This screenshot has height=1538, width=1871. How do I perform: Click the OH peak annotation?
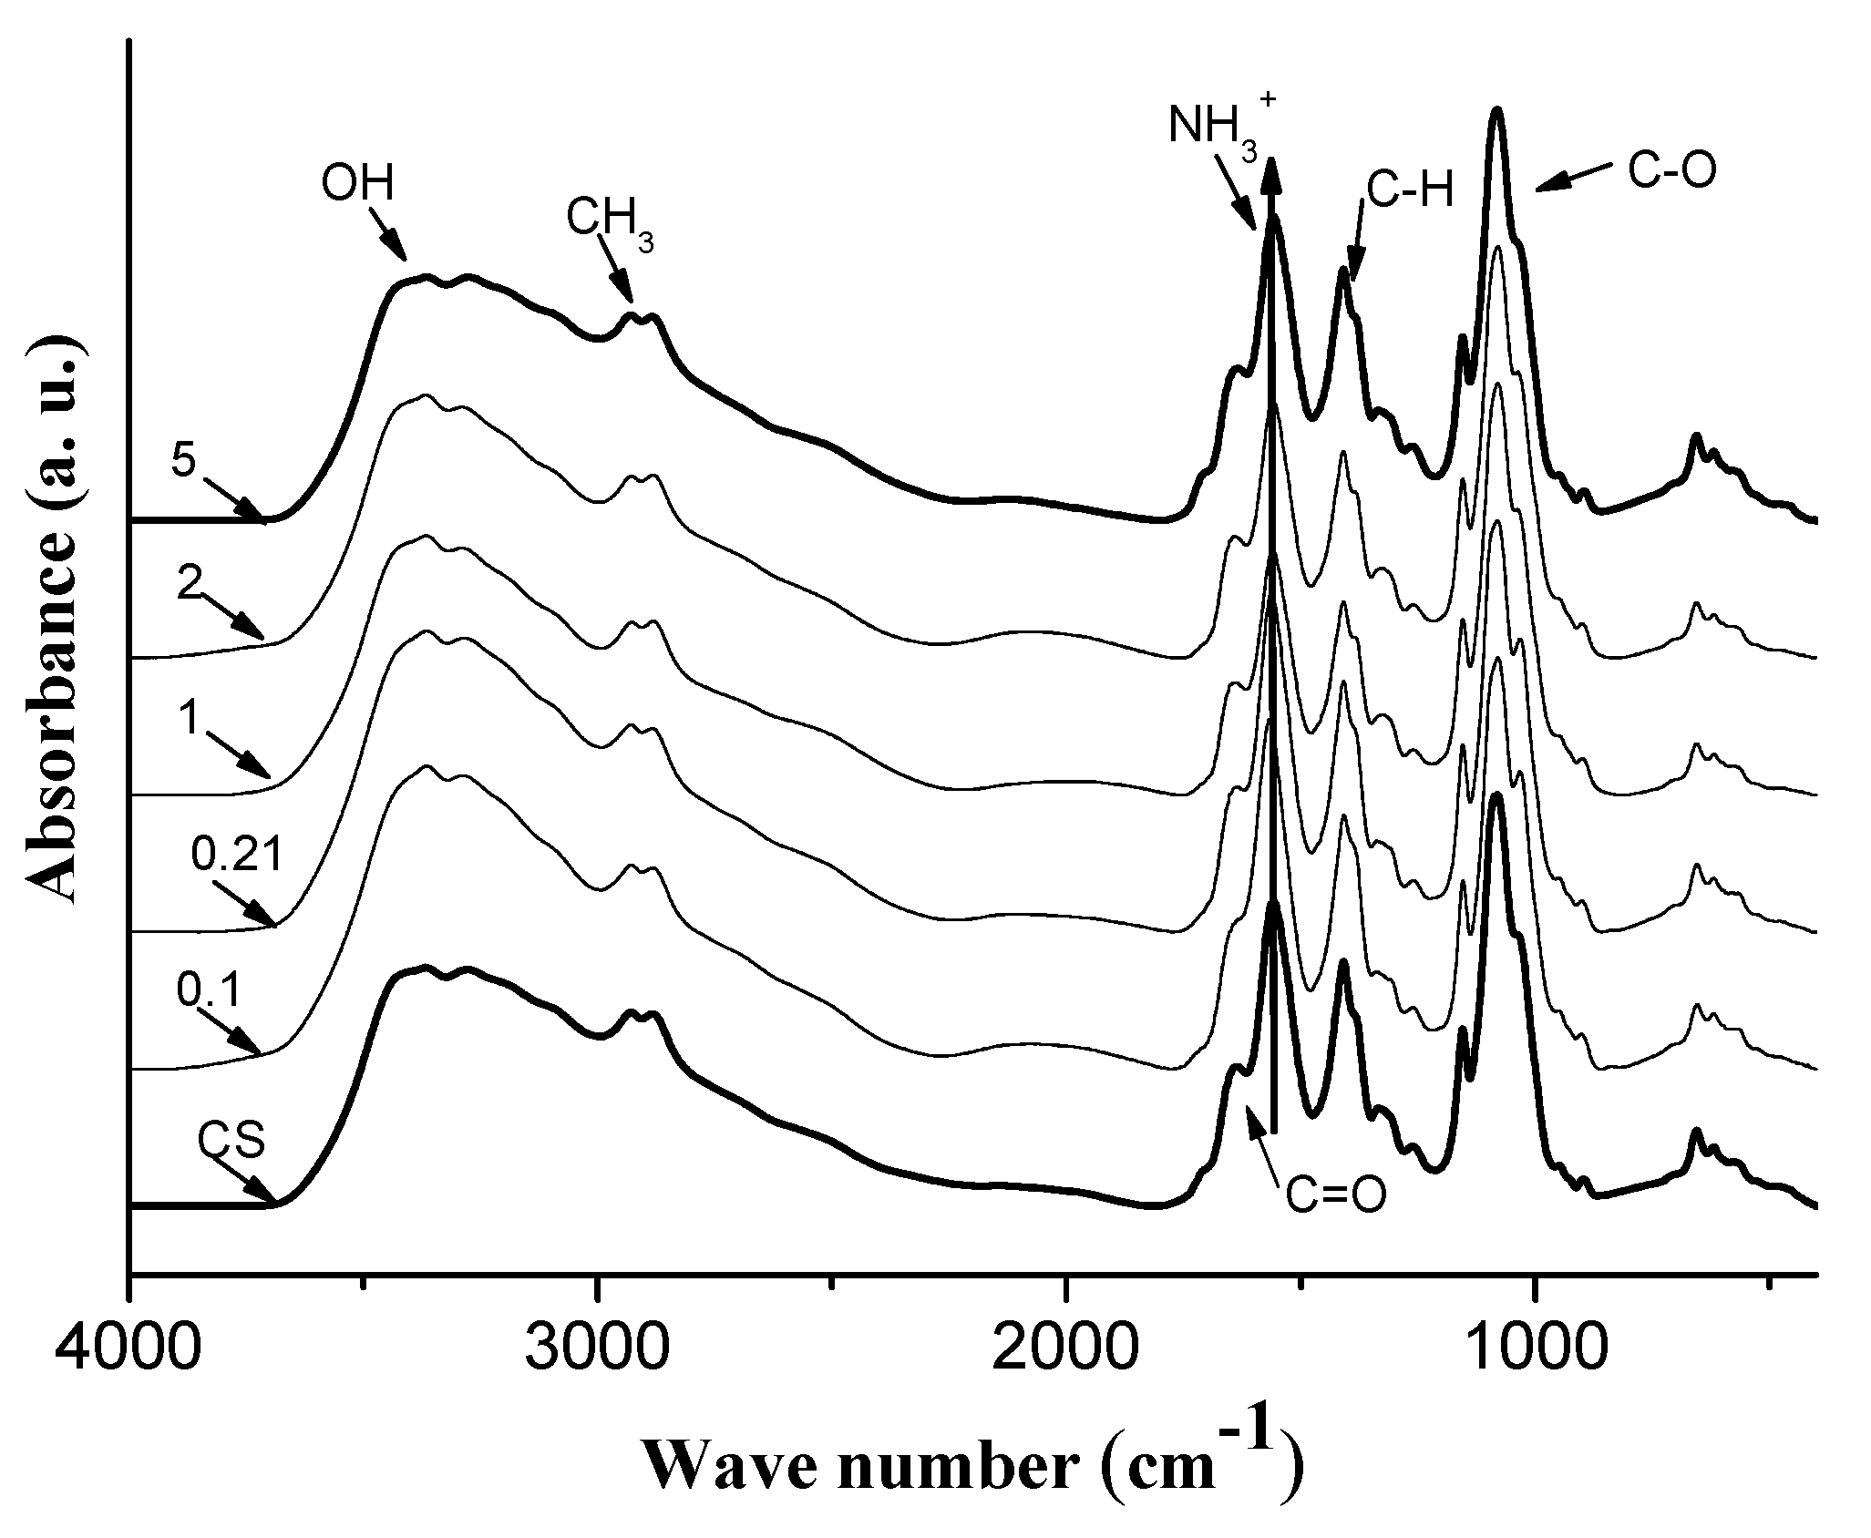pos(357,185)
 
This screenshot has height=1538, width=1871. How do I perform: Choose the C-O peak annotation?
pos(1671,171)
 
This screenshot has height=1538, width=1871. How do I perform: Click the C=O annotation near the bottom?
pos(1335,1195)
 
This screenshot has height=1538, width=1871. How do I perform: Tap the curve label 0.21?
pos(238,855)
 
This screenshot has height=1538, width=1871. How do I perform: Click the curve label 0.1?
pos(209,993)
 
